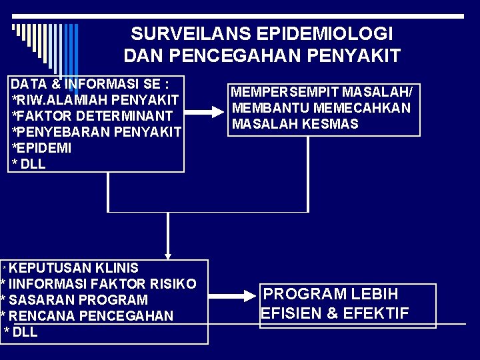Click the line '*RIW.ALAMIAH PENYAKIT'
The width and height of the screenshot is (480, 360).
point(95,100)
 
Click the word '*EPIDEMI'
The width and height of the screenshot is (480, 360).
point(41,148)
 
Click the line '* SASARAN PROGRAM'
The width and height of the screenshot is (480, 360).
point(74,300)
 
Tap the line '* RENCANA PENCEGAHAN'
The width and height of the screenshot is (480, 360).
point(87,316)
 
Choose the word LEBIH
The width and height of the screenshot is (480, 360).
point(375,294)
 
